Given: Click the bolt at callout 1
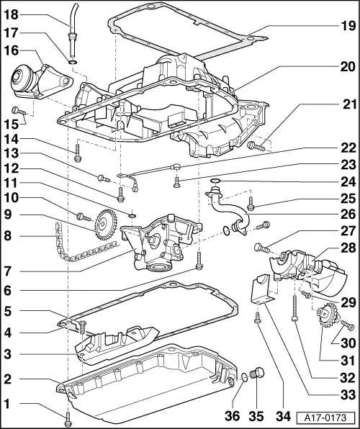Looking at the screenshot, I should click(68, 415).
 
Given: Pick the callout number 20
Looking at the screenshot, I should click(348, 66).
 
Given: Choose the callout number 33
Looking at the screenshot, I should click(348, 394).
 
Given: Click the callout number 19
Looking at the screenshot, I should click(348, 26).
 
